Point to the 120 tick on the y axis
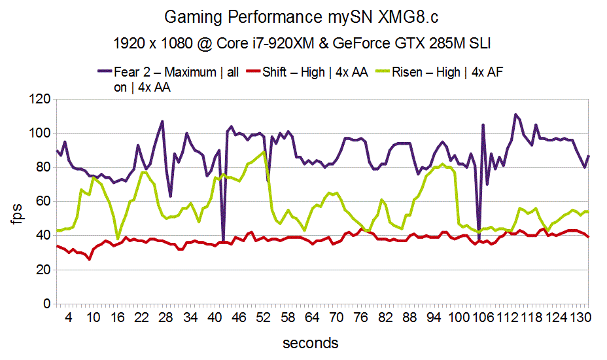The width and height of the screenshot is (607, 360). click(40, 99)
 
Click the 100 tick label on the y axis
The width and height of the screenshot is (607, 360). click(40, 134)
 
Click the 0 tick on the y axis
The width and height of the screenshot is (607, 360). click(46, 304)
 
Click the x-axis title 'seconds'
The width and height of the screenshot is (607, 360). click(311, 343)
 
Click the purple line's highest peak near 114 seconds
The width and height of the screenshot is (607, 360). click(515, 115)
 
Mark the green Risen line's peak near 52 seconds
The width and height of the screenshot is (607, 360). click(264, 152)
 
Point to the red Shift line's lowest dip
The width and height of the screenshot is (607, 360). click(89, 259)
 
